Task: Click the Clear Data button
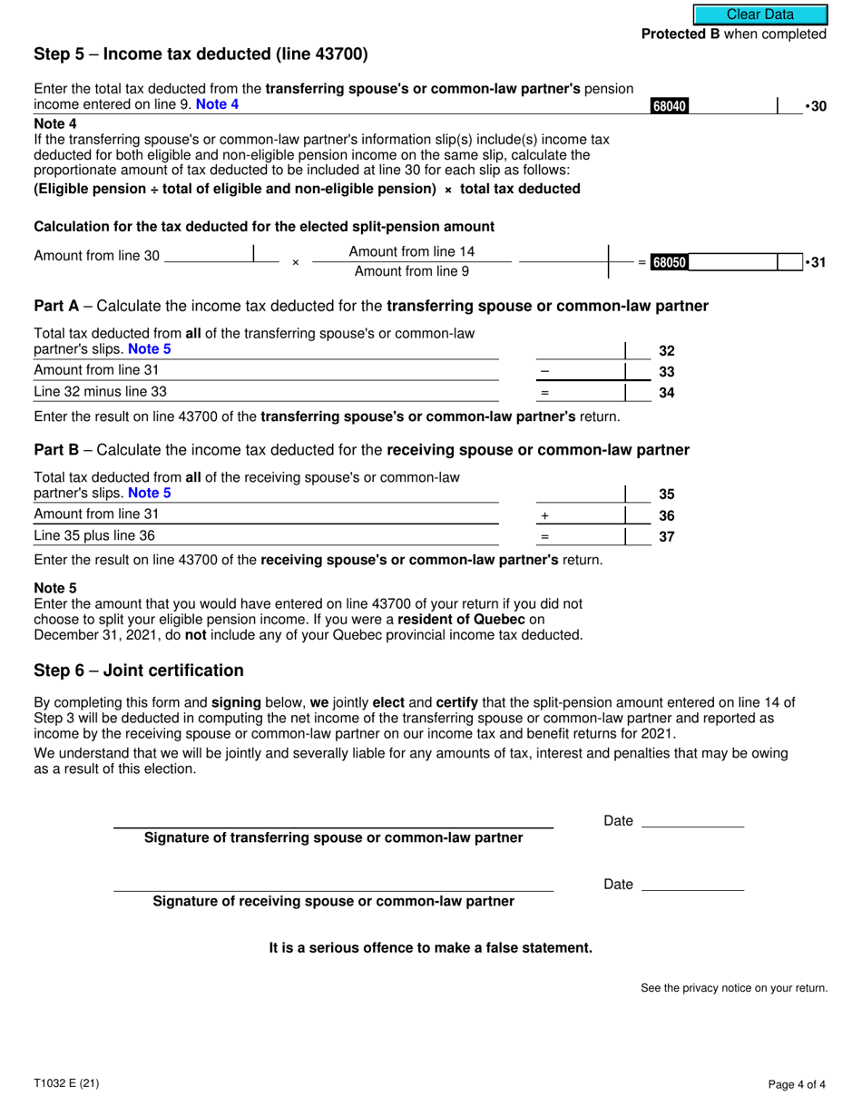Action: pos(760,15)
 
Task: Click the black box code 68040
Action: pos(670,107)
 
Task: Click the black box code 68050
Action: pos(670,263)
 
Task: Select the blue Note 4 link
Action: pos(218,104)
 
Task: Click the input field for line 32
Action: pos(580,350)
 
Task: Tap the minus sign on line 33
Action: pos(544,372)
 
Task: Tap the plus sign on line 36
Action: pos(544,515)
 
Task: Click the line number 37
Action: pos(667,536)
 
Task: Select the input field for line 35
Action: pos(580,494)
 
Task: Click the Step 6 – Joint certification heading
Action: pos(139,671)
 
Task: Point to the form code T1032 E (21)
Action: pos(65,1083)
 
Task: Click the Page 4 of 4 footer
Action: pos(796,1083)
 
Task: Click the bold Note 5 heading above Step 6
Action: pos(55,588)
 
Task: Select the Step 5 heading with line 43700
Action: pos(201,54)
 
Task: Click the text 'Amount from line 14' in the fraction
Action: pos(411,252)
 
